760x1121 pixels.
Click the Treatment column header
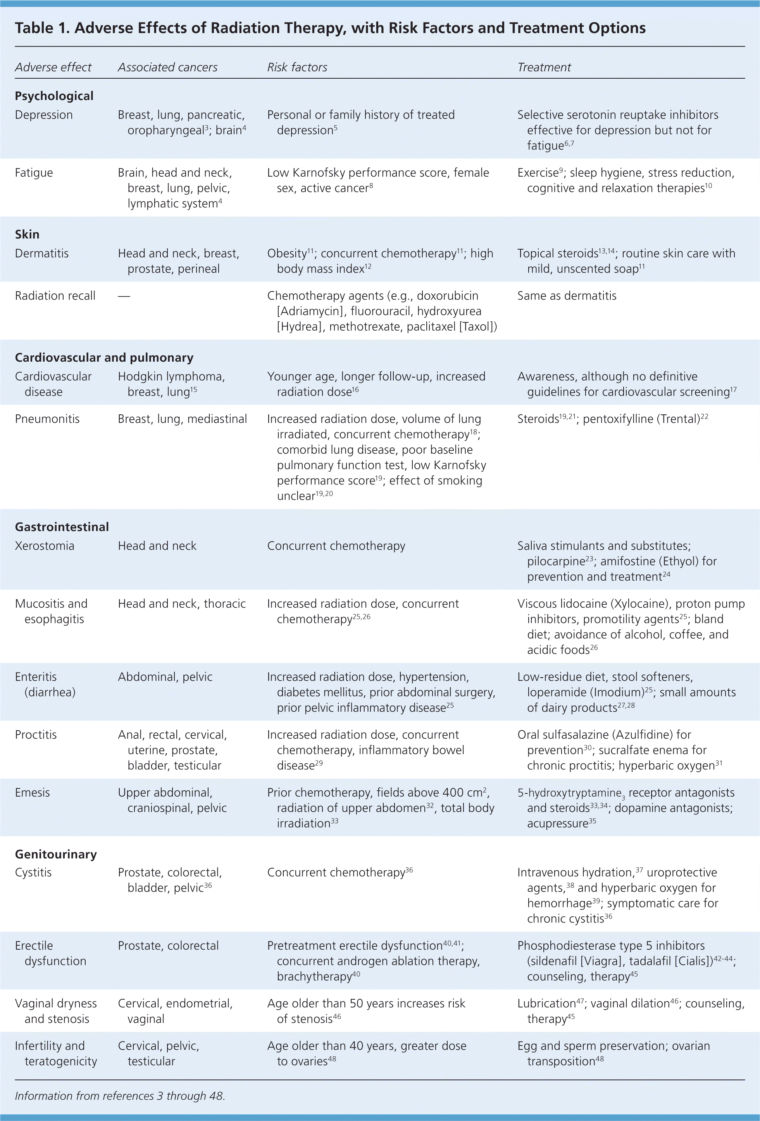[x=544, y=67]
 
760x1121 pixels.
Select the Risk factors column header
[x=297, y=67]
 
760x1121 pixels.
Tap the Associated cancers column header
[x=167, y=67]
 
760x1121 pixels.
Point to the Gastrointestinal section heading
[x=62, y=526]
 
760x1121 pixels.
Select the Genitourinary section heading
[x=56, y=854]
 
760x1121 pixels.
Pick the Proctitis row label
[x=36, y=735]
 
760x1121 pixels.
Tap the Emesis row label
[x=32, y=793]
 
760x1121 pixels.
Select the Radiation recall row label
[x=55, y=296]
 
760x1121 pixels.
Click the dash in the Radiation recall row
[x=124, y=296]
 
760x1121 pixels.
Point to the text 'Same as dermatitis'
[x=567, y=296]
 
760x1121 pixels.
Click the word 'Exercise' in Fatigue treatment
[x=538, y=172]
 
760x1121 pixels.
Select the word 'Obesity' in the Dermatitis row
[x=287, y=254]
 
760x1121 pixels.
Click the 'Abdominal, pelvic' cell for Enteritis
[x=165, y=677]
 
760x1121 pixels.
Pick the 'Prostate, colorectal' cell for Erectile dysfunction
[x=168, y=945]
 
